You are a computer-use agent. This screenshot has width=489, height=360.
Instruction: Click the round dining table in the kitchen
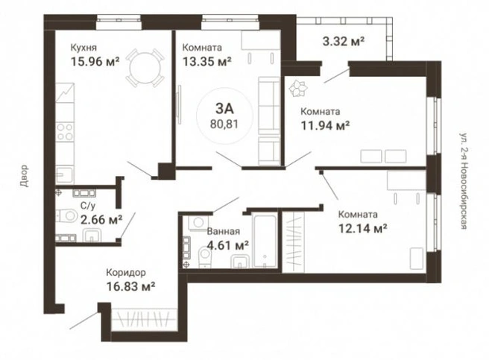point(145,67)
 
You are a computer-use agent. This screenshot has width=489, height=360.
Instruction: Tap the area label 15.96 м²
point(95,61)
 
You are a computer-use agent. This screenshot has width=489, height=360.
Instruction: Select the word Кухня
point(83,48)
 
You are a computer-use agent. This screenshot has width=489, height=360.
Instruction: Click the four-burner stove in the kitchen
point(65,131)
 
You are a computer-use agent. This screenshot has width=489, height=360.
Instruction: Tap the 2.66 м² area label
point(101,220)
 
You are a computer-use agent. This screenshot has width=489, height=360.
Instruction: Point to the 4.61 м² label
point(228,245)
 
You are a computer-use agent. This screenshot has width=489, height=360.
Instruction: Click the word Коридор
point(126,273)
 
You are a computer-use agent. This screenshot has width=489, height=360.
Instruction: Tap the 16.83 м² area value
point(131,286)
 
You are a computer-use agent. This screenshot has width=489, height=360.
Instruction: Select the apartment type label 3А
point(224,109)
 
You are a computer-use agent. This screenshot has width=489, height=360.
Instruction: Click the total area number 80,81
point(224,124)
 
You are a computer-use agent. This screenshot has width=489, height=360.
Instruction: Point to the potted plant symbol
point(298,88)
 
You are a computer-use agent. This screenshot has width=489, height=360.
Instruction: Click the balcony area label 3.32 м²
point(344,41)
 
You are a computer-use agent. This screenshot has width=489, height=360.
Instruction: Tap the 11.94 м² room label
point(325,126)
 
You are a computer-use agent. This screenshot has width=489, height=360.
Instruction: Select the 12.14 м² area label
point(363,229)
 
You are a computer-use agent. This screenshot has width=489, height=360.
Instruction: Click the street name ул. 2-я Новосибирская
point(464,181)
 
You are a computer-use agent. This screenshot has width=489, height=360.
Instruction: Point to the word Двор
point(24,176)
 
